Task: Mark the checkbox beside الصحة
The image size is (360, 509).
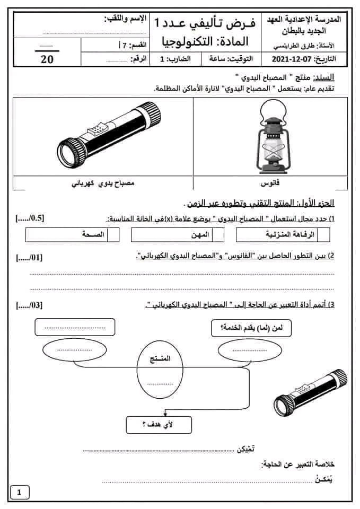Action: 113,234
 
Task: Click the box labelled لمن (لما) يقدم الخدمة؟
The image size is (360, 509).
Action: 251,327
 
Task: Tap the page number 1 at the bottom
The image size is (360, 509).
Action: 20,493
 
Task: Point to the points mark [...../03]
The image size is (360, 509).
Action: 30,305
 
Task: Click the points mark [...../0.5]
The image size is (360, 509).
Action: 30,218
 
